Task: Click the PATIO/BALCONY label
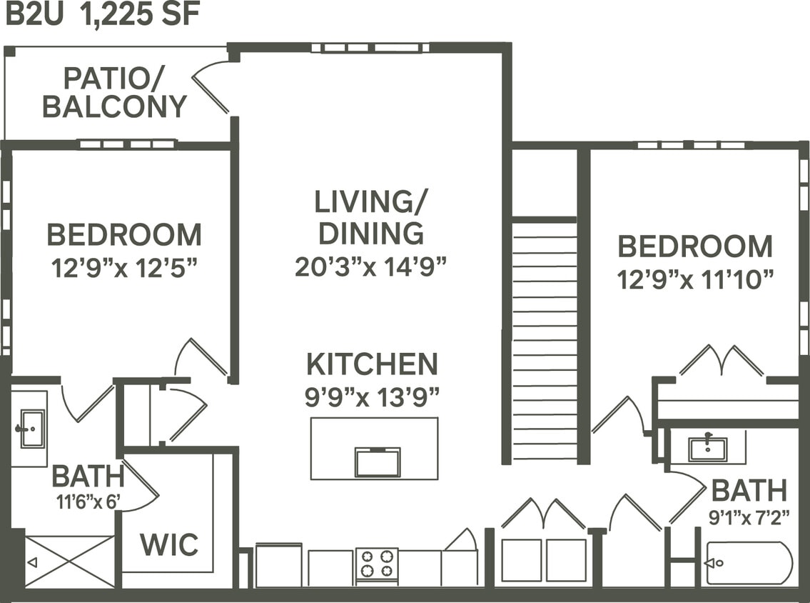click(x=114, y=92)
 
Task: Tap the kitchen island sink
click(x=378, y=462)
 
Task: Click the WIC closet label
click(x=169, y=544)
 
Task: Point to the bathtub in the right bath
click(x=749, y=563)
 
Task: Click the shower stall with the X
click(x=69, y=562)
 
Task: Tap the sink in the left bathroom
click(x=31, y=428)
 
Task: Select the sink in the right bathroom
click(x=707, y=449)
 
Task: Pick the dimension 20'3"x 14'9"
click(x=370, y=266)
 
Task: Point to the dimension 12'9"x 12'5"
click(x=124, y=268)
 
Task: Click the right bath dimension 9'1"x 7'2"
click(x=749, y=517)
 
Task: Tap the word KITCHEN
click(x=372, y=364)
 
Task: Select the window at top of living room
click(x=370, y=48)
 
